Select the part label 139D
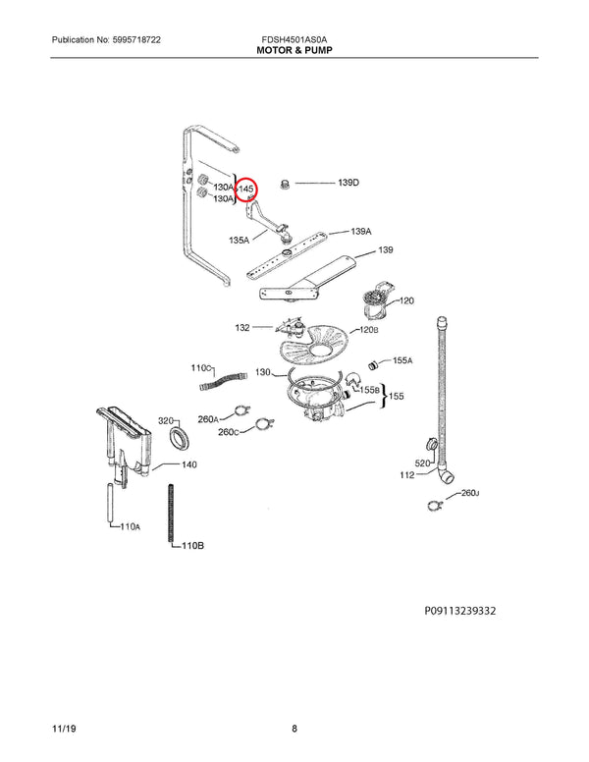(348, 184)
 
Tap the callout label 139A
(362, 232)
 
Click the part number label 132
(242, 327)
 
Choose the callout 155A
(402, 362)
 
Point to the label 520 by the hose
(423, 463)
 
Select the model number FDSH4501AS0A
(294, 37)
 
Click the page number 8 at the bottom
(294, 729)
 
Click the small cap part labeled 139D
(287, 184)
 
